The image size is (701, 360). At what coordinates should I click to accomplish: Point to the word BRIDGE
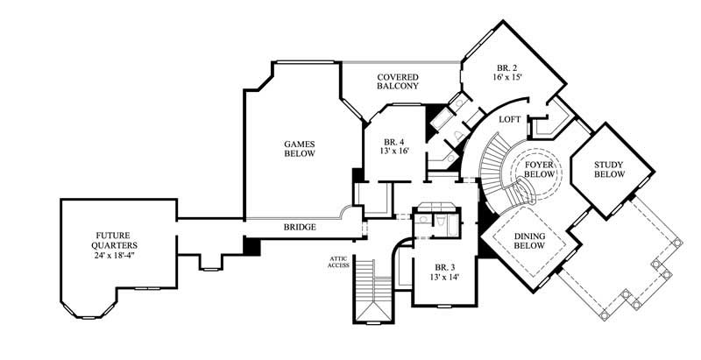tap(299, 228)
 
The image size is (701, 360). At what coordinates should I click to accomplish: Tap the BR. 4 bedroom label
tap(394, 142)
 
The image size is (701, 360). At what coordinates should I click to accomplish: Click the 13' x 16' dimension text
tap(394, 152)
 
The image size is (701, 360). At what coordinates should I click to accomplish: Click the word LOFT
tap(511, 119)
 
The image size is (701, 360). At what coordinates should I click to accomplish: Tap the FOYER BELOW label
tap(539, 169)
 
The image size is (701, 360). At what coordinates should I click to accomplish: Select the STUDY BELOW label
tap(609, 169)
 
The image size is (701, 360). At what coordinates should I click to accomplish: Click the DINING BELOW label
tap(530, 241)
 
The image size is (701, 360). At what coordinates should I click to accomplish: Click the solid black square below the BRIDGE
tap(252, 247)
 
